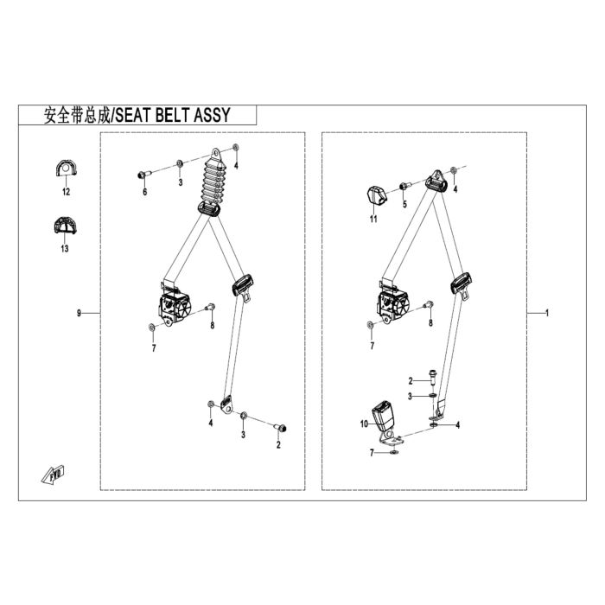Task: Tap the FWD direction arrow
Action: click(x=54, y=474)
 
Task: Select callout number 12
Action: click(x=66, y=192)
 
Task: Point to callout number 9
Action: click(x=80, y=313)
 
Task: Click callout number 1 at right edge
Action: click(x=547, y=313)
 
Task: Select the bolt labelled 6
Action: click(x=143, y=175)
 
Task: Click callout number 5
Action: click(x=404, y=204)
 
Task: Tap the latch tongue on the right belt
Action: click(x=462, y=284)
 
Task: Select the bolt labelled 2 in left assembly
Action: click(x=280, y=428)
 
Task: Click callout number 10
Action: click(x=364, y=423)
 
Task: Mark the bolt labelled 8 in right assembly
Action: click(x=429, y=305)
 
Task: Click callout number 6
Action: click(x=144, y=192)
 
